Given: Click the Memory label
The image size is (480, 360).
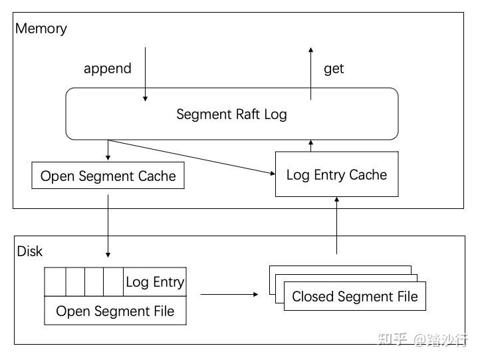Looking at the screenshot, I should [x=41, y=29].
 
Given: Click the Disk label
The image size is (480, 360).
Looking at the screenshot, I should [x=29, y=251].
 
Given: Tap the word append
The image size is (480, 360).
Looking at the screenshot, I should [x=107, y=68].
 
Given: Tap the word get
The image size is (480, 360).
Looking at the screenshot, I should [x=334, y=68].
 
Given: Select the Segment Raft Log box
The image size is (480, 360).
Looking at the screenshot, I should [x=231, y=114].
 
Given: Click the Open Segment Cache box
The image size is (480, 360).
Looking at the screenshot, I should [x=108, y=176].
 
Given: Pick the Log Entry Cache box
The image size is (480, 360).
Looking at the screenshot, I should [x=336, y=174].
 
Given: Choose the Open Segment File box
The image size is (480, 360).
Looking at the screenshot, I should [x=115, y=311].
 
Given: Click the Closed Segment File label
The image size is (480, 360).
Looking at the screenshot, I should [x=355, y=296].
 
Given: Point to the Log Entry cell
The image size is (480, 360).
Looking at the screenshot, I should [x=155, y=282].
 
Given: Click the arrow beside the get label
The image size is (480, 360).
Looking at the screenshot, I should [x=310, y=73].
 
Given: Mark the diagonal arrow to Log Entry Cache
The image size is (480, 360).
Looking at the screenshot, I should [x=193, y=157].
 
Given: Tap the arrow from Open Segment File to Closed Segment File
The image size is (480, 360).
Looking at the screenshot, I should [x=229, y=293].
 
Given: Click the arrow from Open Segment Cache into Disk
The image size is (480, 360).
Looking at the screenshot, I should [x=108, y=224].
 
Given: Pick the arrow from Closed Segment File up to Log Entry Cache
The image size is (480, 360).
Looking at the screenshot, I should [x=337, y=226].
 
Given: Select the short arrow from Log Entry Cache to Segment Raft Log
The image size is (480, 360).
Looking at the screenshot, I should [x=310, y=146].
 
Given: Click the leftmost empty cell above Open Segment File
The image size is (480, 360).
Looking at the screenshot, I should [x=55, y=282].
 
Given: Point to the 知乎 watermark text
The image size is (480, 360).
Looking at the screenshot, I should [x=392, y=339].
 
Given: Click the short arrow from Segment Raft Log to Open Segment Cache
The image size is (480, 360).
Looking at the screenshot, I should [x=108, y=150].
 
